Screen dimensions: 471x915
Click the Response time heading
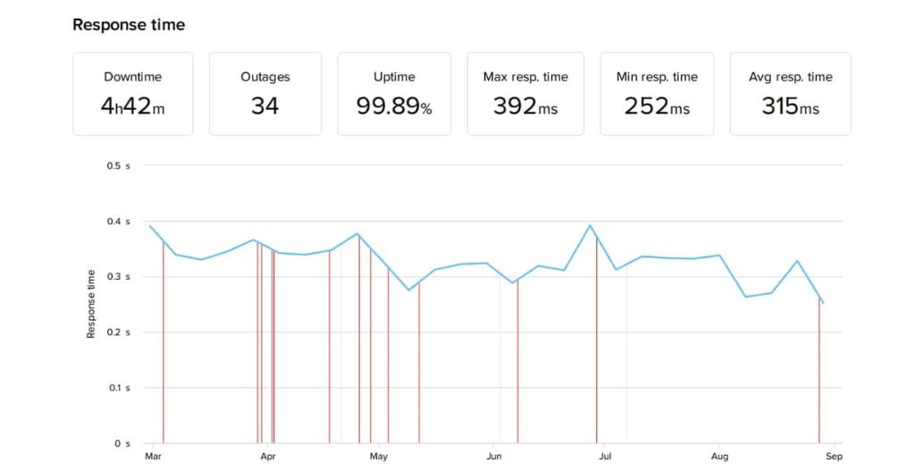click(x=129, y=25)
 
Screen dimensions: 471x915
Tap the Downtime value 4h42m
click(x=132, y=106)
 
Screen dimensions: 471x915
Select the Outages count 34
click(x=264, y=106)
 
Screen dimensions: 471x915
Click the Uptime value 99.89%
click(x=394, y=106)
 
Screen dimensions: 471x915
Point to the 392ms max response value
click(x=525, y=106)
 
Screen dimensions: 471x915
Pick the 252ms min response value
click(x=657, y=106)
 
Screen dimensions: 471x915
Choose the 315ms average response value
click(x=790, y=106)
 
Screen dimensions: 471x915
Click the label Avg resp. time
click(x=790, y=77)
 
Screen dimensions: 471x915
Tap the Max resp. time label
click(x=525, y=77)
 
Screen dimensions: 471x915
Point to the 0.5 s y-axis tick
click(x=119, y=166)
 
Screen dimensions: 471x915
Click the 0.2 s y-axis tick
click(x=119, y=332)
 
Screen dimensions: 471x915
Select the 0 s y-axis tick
click(x=122, y=443)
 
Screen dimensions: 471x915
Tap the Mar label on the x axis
click(x=152, y=457)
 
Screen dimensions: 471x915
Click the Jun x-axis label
click(x=493, y=457)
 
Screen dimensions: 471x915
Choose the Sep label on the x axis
click(x=833, y=457)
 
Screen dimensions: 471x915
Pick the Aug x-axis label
click(x=719, y=457)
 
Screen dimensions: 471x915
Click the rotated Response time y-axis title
click(x=91, y=304)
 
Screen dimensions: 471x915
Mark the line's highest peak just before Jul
click(x=591, y=225)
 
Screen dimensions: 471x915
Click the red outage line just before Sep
click(x=818, y=375)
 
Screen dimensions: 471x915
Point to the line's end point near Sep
click(x=823, y=303)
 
